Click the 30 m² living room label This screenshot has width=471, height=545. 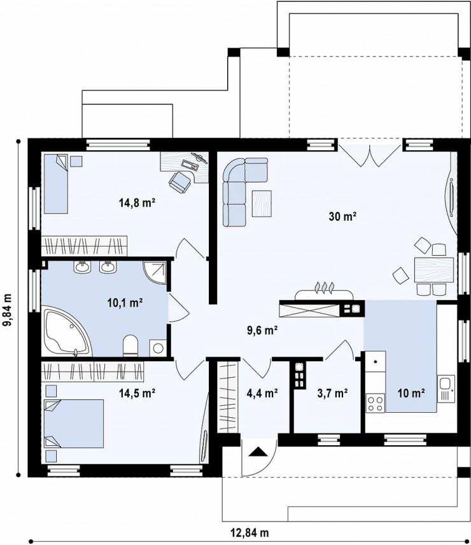[x=342, y=217]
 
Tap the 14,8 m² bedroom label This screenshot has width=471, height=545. [x=137, y=203]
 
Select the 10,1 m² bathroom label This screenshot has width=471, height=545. [x=125, y=303]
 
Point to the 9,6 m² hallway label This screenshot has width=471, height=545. [x=262, y=330]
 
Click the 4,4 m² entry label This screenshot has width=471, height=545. [x=262, y=393]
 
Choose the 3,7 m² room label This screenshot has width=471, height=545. [x=333, y=393]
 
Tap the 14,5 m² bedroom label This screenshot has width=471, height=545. [x=137, y=393]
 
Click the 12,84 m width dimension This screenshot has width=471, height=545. [x=250, y=532]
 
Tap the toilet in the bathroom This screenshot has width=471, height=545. [x=130, y=345]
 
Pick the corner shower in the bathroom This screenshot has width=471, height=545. [x=155, y=273]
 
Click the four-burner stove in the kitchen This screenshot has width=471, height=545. [x=376, y=403]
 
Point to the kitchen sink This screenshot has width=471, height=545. [x=446, y=389]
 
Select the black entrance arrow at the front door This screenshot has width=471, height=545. [x=258, y=452]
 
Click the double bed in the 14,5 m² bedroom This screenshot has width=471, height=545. [x=74, y=424]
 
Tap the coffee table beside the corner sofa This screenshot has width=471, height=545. [x=262, y=204]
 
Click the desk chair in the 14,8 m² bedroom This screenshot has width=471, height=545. [x=181, y=181]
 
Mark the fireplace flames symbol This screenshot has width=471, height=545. [x=324, y=288]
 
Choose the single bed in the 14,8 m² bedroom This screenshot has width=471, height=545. [x=55, y=184]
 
